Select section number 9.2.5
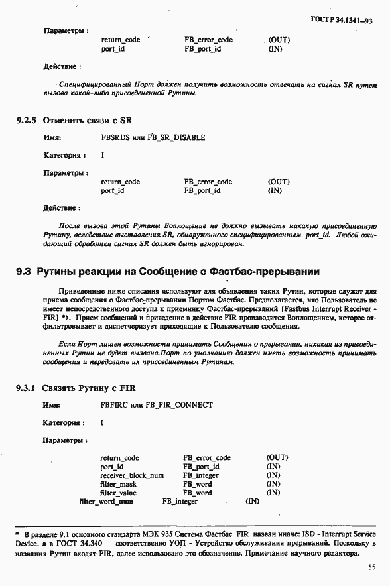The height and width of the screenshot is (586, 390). [x=27, y=121]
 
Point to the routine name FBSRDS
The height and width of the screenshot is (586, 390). [x=115, y=137]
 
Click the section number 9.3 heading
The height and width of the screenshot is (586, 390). [x=24, y=271]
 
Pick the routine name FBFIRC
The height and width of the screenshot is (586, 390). [x=114, y=404]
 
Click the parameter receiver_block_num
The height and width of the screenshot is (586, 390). [x=132, y=475]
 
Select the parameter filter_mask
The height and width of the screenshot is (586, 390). [x=118, y=484]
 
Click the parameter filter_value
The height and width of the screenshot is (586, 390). [x=118, y=493]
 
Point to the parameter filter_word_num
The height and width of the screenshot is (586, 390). [x=105, y=501]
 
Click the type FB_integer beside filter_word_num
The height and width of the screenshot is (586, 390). [x=180, y=501]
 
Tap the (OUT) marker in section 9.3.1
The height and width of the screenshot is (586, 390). [x=277, y=457]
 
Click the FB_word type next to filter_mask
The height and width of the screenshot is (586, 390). [x=198, y=484]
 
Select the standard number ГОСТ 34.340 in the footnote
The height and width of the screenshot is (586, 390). [x=78, y=543]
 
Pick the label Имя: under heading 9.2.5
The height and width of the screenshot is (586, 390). [x=52, y=137]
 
